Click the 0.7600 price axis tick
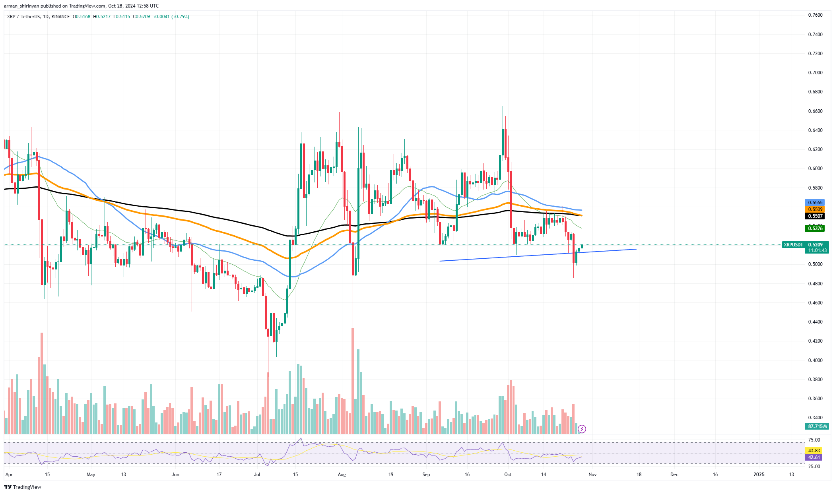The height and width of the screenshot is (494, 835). coord(815,15)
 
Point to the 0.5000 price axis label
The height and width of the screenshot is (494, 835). coord(815,264)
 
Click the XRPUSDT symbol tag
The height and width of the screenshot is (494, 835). coord(793,245)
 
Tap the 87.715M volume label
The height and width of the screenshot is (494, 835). coord(817,426)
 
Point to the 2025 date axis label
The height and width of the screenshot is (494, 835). coord(759,475)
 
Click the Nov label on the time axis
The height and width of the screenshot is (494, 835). coord(592,475)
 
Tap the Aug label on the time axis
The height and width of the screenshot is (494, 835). coord(342,475)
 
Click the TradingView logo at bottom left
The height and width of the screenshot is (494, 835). coord(23,487)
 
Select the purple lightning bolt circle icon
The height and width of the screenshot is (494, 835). coord(582,429)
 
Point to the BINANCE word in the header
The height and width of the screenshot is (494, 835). coord(61,17)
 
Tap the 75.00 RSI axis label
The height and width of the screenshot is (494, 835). coord(814,440)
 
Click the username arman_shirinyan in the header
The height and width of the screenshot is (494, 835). coord(23,6)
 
